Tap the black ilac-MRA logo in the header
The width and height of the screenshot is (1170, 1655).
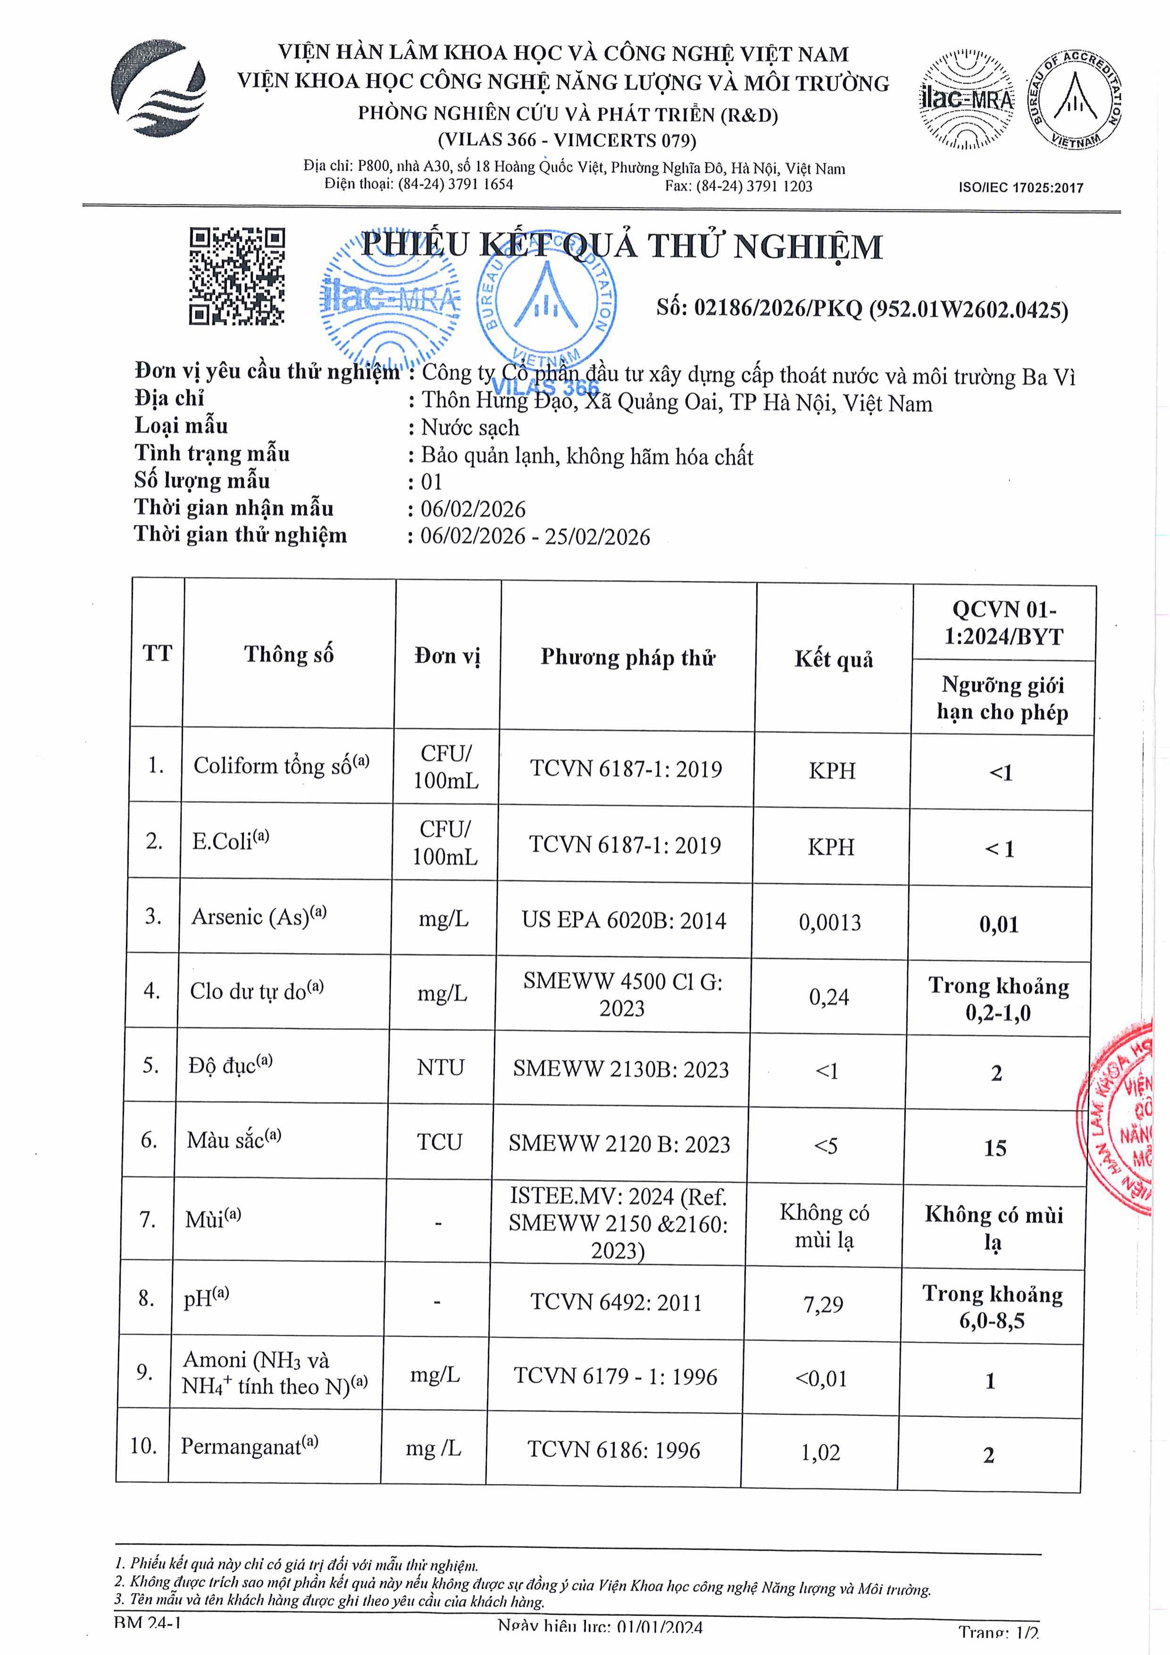tap(966, 99)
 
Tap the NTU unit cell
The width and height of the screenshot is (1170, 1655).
tap(441, 1067)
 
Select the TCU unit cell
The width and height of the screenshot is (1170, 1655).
tap(439, 1142)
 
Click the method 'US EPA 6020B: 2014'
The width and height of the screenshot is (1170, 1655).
tap(624, 921)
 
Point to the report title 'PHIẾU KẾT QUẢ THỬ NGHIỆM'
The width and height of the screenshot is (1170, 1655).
tap(621, 247)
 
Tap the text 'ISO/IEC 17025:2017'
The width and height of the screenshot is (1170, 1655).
tap(1020, 188)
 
